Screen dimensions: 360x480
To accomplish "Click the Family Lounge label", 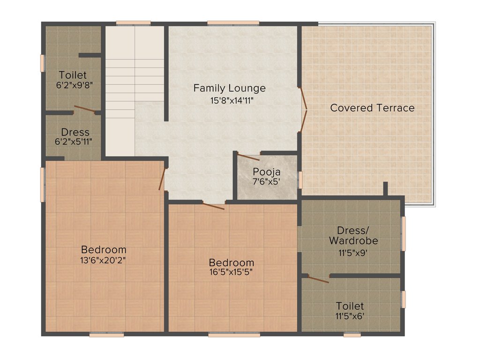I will tap(229, 88).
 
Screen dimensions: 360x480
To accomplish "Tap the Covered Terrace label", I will tap(372, 108).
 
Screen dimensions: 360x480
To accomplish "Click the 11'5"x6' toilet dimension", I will tap(350, 316).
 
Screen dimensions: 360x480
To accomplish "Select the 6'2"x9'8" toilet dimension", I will tap(73, 85).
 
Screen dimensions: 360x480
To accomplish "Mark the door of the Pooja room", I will tap(248, 157).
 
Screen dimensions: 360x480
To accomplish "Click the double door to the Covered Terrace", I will tap(304, 111).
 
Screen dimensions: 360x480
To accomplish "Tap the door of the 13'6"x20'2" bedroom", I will tap(162, 179).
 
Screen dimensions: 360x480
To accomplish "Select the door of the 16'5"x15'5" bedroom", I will tap(213, 205).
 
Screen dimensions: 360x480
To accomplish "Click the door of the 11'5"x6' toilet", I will tap(318, 279).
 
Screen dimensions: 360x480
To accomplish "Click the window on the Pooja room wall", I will tap(300, 179).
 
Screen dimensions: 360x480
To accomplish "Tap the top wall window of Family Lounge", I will tap(233, 22).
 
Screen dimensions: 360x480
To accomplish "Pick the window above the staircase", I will tap(133, 22).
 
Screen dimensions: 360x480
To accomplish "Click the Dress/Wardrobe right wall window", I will tap(403, 233).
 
